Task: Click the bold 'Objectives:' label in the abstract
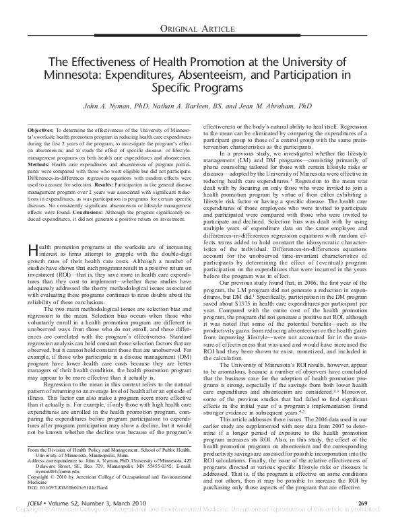coord(40,128)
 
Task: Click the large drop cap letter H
coord(32,232)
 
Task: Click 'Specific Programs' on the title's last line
coord(197,87)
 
